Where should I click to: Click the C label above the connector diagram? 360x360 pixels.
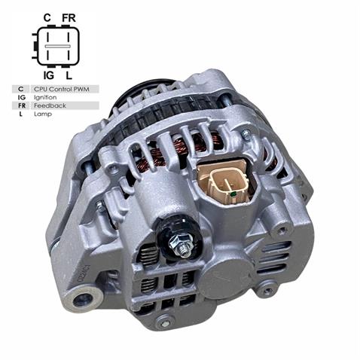tap(47, 16)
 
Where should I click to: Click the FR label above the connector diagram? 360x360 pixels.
tap(69, 16)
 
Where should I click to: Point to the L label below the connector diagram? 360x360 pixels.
tap(69, 76)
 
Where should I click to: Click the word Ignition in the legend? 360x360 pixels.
tap(46, 97)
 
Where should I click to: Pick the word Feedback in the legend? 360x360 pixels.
tap(50, 105)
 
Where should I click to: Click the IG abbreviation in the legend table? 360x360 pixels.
tap(21, 97)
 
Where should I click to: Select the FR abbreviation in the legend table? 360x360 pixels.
tap(21, 105)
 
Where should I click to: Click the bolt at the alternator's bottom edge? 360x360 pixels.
tap(163, 322)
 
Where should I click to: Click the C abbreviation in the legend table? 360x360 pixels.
tap(21, 89)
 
